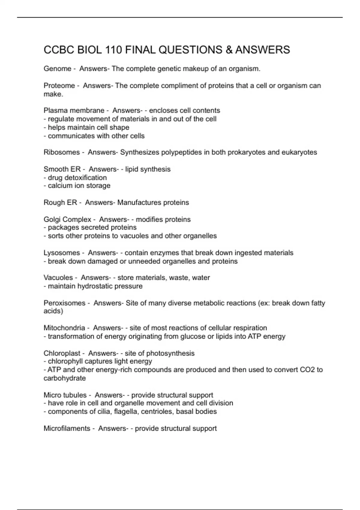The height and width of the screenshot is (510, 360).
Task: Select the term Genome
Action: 57,69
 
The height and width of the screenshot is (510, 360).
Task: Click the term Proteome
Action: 59,86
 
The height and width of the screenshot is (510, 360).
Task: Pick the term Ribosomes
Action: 61,152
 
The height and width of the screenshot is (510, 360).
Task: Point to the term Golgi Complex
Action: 67,220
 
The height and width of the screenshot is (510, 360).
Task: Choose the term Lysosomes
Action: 61,253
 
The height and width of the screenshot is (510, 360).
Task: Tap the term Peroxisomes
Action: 64,303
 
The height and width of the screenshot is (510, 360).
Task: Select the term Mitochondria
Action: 64,328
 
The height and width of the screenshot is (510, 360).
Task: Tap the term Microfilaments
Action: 67,428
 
